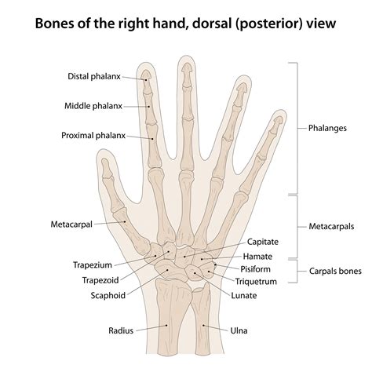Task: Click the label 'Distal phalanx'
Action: pyautogui.click(x=94, y=76)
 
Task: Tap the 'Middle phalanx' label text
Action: pyautogui.click(x=93, y=106)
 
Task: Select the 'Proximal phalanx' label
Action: pyautogui.click(x=93, y=136)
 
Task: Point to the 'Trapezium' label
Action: pyautogui.click(x=93, y=265)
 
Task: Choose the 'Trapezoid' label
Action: pyautogui.click(x=100, y=280)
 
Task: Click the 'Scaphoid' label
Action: pyautogui.click(x=108, y=296)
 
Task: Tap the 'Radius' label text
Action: pyautogui.click(x=121, y=330)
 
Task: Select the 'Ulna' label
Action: pyautogui.click(x=239, y=330)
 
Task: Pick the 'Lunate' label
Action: pyautogui.click(x=244, y=296)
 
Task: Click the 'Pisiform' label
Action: pyautogui.click(x=255, y=269)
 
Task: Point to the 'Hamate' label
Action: pyautogui.click(x=257, y=257)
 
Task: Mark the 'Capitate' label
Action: pyautogui.click(x=263, y=242)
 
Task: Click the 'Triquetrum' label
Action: pyautogui.click(x=256, y=282)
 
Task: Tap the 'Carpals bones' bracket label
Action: pyautogui.click(x=335, y=271)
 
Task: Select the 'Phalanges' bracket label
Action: pyautogui.click(x=327, y=128)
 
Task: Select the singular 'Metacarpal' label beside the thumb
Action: pyautogui.click(x=71, y=224)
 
